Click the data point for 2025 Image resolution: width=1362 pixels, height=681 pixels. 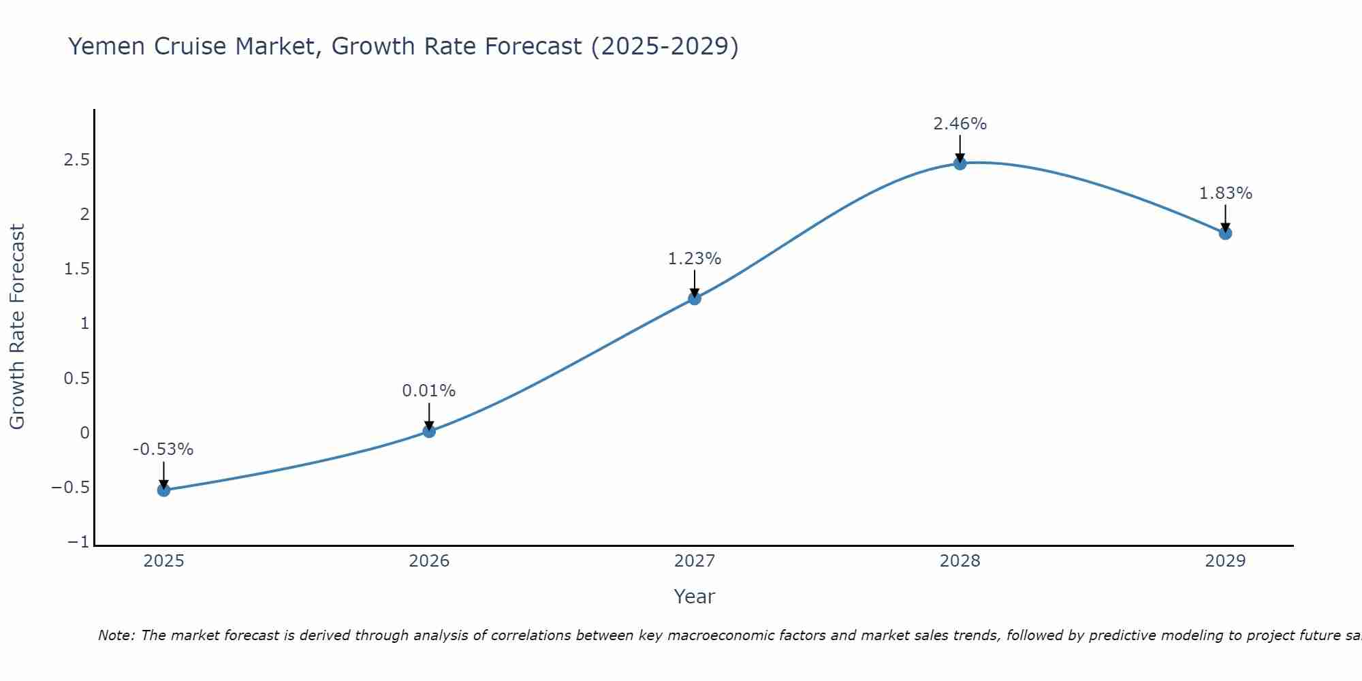click(x=163, y=490)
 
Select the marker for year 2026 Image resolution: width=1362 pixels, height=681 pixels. click(x=429, y=431)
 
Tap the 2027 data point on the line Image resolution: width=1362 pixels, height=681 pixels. click(x=695, y=298)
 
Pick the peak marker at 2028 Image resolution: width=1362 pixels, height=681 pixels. click(x=960, y=163)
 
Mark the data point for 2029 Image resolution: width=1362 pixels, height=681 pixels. click(x=1225, y=233)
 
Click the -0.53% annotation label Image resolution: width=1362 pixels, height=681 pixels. click(x=163, y=449)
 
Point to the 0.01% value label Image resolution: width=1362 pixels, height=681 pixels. click(x=429, y=391)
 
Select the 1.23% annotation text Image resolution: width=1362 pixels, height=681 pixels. click(x=695, y=259)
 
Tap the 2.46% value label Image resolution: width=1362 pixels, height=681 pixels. click(x=960, y=124)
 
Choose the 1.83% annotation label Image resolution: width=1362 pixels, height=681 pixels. click(x=1225, y=193)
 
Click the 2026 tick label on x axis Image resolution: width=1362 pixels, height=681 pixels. click(x=429, y=561)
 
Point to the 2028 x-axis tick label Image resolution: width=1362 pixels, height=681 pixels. click(x=960, y=561)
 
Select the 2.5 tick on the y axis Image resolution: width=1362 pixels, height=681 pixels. click(x=77, y=160)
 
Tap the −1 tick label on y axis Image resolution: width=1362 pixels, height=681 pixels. click(x=78, y=542)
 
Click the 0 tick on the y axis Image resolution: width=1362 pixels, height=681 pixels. click(x=84, y=433)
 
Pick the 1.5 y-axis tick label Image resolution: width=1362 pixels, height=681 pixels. click(x=77, y=269)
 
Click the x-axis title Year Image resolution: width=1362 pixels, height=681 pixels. click(x=694, y=597)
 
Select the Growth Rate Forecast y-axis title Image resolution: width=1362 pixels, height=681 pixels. click(x=17, y=327)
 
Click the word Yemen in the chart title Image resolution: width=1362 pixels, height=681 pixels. click(x=108, y=46)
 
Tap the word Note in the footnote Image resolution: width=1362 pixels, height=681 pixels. click(x=116, y=635)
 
